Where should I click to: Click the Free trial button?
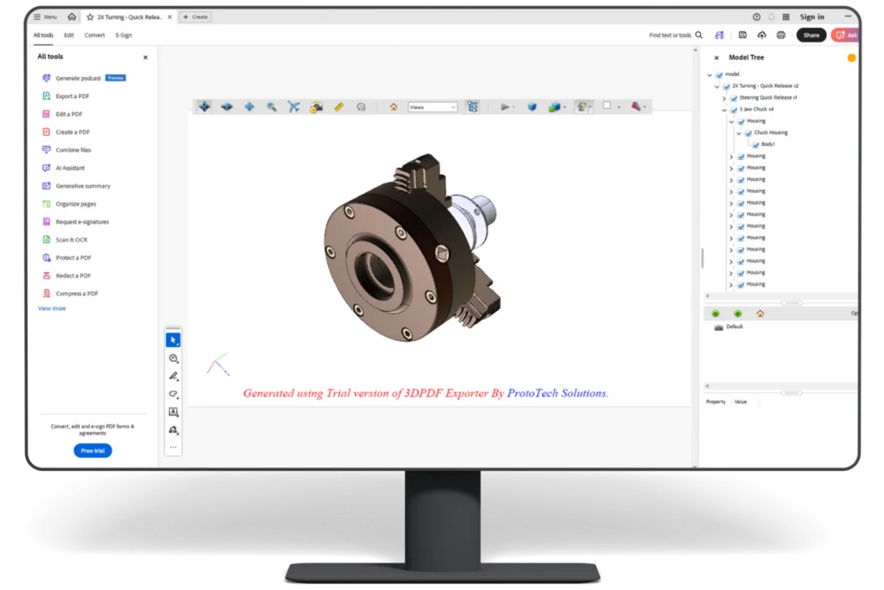click(92, 450)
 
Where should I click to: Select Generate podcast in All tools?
click(78, 78)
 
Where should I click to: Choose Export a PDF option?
click(73, 96)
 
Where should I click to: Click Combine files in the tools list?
click(73, 150)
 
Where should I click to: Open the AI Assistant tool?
click(70, 168)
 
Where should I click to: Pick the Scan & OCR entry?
click(72, 239)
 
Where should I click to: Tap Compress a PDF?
click(77, 294)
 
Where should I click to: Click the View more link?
click(52, 308)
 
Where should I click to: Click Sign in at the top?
click(811, 16)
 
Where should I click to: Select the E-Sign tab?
click(123, 35)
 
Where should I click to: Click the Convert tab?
click(95, 35)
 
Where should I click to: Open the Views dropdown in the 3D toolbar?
click(433, 107)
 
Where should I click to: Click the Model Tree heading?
click(746, 58)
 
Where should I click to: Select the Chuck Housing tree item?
click(770, 133)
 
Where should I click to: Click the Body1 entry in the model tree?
click(767, 144)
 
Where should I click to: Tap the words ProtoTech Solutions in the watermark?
click(557, 393)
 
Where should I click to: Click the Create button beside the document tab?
click(195, 16)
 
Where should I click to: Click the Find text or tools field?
click(670, 35)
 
